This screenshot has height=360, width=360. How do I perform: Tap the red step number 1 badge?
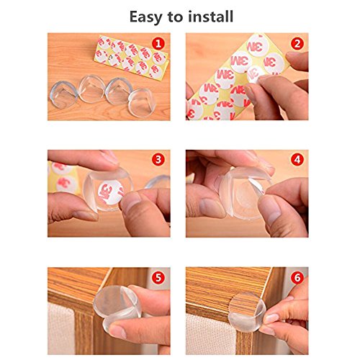pyautogui.click(x=158, y=44)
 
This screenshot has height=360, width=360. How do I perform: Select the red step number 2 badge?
pyautogui.click(x=297, y=44)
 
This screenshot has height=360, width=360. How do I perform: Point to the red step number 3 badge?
pyautogui.click(x=158, y=160)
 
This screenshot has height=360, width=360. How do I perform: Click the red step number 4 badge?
pyautogui.click(x=297, y=160)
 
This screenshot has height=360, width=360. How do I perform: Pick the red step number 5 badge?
pyautogui.click(x=158, y=278)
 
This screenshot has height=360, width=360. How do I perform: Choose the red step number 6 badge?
pyautogui.click(x=297, y=278)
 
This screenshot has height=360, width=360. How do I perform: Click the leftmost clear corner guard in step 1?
pyautogui.click(x=63, y=94)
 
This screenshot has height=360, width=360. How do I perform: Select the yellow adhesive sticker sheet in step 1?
pyautogui.click(x=131, y=57)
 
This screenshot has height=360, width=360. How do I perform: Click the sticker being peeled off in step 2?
pyautogui.click(x=256, y=74)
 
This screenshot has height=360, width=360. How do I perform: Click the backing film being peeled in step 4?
pyautogui.click(x=257, y=185)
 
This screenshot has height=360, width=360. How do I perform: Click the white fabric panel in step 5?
pyautogui.click(x=61, y=329)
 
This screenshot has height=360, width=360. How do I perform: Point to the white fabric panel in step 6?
pyautogui.click(x=211, y=335)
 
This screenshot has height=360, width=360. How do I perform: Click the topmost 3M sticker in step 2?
pyautogui.click(x=257, y=45)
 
